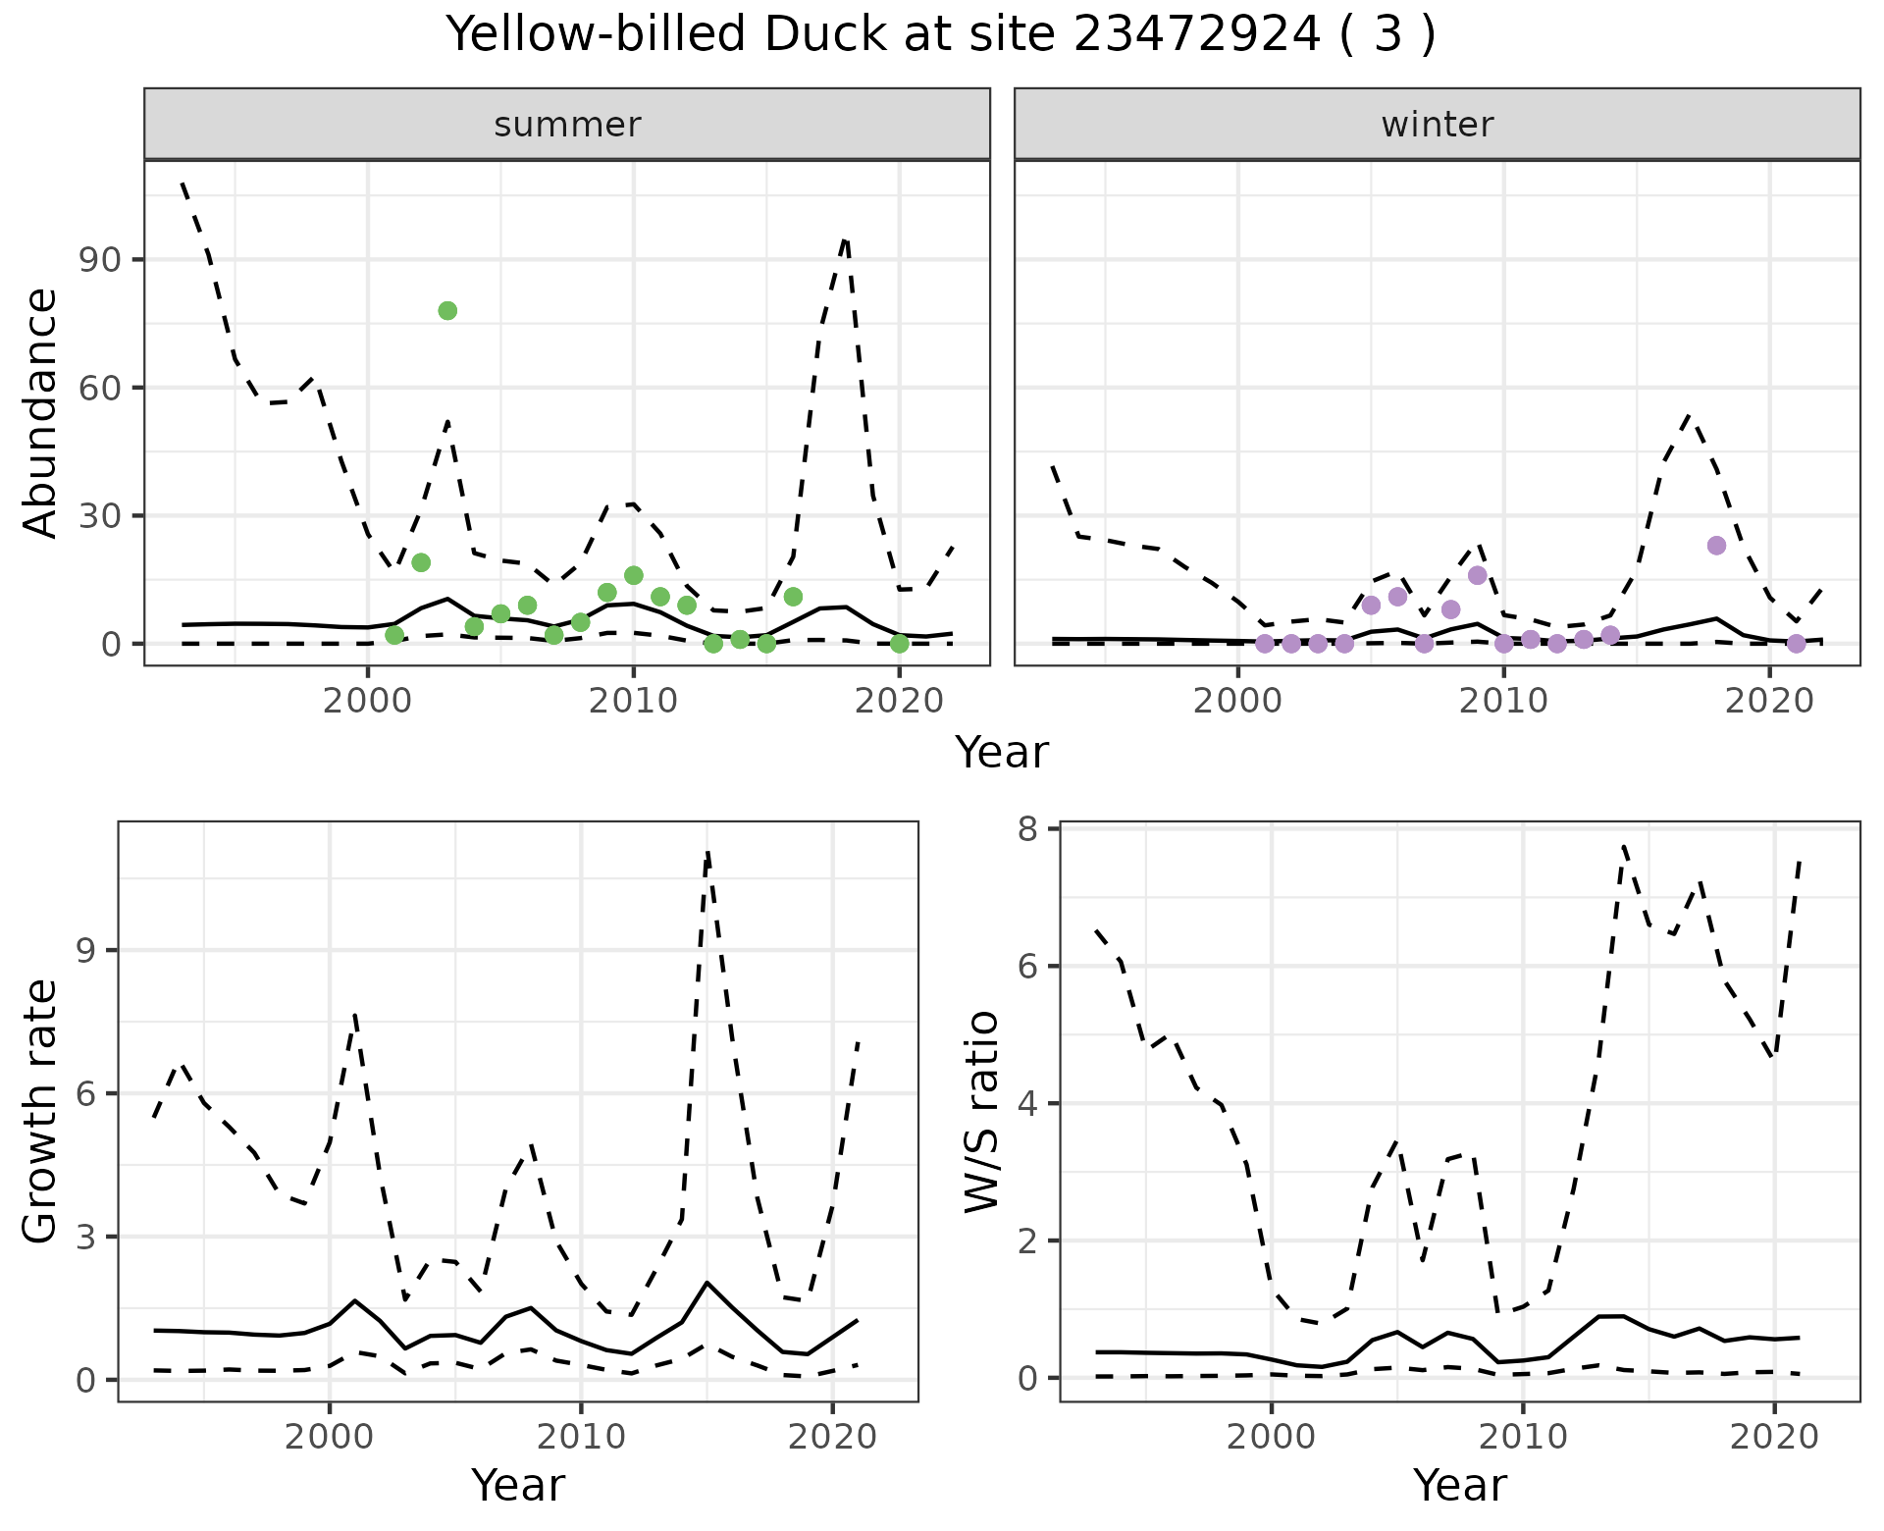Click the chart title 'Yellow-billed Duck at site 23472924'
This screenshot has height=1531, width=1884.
point(940,35)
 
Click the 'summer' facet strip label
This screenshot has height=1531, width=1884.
point(567,125)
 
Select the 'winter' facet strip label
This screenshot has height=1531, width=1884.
point(1437,125)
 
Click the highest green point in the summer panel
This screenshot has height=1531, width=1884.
point(447,311)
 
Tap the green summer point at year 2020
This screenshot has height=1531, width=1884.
point(899,644)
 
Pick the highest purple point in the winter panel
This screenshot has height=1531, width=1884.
point(1716,546)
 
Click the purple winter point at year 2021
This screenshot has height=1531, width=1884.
point(1796,644)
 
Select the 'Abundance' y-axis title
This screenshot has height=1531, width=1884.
point(41,412)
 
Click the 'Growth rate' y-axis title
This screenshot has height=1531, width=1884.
point(41,1111)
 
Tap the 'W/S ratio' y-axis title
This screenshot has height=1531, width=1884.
point(981,1111)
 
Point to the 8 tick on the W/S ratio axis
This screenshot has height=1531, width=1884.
point(1036,829)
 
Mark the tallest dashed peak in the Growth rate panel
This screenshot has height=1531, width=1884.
point(707,852)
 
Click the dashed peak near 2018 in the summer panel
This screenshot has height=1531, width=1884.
point(845,238)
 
